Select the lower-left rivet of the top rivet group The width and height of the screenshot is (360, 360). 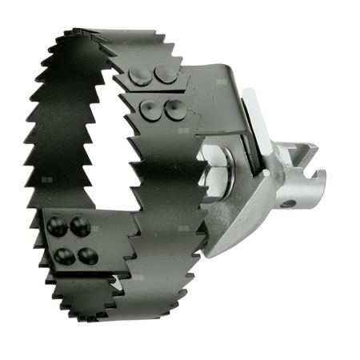150,107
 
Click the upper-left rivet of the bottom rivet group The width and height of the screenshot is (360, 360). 57,226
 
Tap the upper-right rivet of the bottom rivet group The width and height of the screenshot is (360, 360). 78,225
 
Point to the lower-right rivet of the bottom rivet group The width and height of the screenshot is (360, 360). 87,255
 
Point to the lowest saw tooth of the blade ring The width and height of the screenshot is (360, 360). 112,324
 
